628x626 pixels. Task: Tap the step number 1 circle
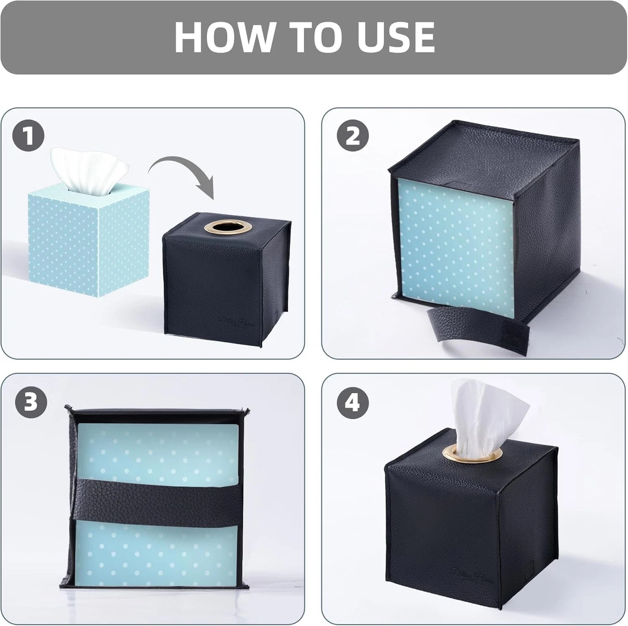tap(28, 137)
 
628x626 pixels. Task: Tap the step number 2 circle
tap(353, 136)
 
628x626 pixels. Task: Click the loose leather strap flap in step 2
tap(477, 329)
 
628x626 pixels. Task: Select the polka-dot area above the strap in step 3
tap(157, 450)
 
